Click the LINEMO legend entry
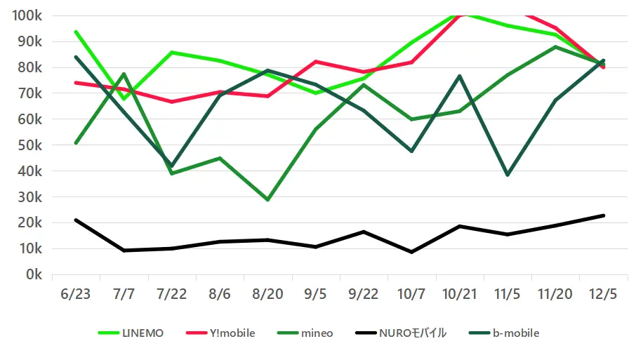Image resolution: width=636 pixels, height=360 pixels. click(131, 333)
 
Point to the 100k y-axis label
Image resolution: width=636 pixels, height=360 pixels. click(27, 15)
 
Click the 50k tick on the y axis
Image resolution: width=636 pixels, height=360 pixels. click(29, 145)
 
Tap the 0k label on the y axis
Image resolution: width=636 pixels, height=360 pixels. click(33, 274)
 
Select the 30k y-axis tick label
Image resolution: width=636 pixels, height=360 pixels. click(29, 197)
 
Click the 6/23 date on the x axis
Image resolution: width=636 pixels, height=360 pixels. click(75, 294)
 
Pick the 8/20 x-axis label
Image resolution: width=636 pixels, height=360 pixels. click(267, 294)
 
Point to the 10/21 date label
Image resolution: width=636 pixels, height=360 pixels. click(459, 294)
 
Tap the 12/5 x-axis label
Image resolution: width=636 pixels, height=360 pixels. click(603, 294)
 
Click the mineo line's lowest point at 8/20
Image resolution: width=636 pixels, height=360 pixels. click(267, 200)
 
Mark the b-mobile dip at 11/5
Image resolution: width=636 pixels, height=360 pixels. click(508, 175)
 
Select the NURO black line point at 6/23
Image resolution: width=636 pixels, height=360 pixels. click(75, 220)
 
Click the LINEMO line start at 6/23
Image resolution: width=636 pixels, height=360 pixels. click(75, 32)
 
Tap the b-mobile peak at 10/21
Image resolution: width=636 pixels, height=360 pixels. click(459, 76)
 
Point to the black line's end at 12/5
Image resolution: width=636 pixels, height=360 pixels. click(603, 215)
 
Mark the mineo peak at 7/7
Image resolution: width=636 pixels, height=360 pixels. click(124, 74)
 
